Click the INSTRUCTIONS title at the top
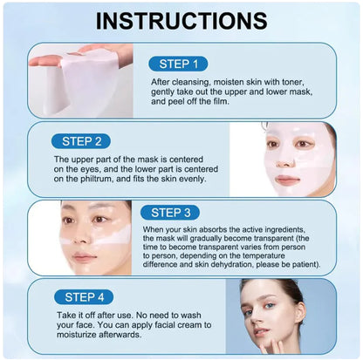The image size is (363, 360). tap(181, 20)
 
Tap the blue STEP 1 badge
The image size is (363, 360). tap(179, 63)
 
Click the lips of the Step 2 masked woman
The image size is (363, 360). tap(289, 180)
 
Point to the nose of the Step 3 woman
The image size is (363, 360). tap(83, 241)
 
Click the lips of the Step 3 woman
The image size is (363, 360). tap(84, 257)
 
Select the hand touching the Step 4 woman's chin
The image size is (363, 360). tap(297, 347)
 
